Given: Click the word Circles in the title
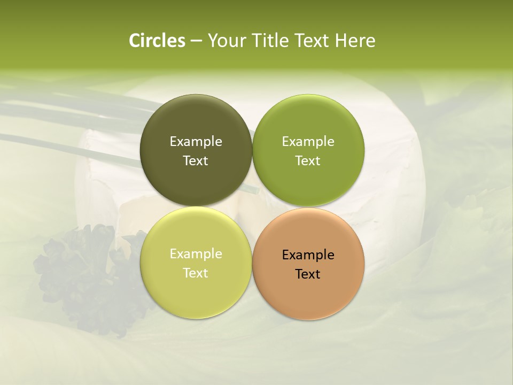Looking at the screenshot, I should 157,41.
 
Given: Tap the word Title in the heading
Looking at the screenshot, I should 273,41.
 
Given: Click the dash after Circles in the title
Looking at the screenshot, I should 196,41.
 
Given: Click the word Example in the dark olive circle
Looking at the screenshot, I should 196,142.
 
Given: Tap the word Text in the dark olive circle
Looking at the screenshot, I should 196,161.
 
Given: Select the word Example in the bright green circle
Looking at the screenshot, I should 308,142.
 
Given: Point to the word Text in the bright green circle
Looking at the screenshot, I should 308,161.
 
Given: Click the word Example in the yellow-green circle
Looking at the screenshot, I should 196,254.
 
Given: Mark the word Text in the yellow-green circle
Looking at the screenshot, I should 196,273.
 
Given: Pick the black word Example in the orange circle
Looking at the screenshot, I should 308,255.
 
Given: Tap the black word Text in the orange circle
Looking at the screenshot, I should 308,274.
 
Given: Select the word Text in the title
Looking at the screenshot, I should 312,41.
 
